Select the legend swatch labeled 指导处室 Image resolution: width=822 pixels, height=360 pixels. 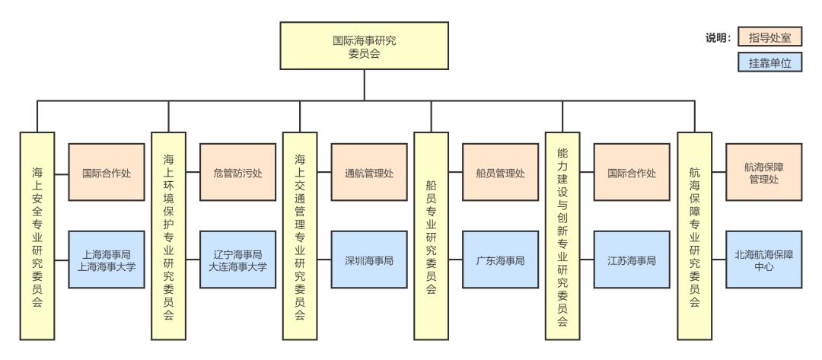click(770, 38)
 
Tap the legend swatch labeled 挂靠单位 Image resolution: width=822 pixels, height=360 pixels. click(770, 65)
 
